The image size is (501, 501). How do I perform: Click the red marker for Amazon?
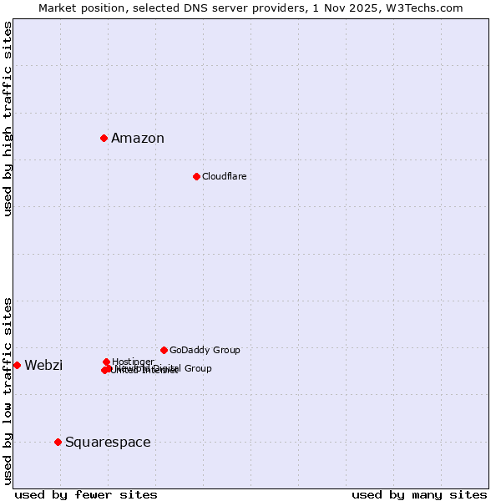coord(104,138)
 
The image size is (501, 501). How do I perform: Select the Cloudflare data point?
coord(196,176)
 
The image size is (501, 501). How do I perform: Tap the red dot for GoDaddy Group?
coord(164,350)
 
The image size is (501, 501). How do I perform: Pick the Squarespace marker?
coord(58,442)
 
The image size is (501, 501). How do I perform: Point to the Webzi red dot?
coord(17,365)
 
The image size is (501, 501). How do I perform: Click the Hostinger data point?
coord(106,362)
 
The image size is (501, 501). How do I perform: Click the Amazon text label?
coord(138,139)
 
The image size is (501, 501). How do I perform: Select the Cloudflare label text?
coord(224,176)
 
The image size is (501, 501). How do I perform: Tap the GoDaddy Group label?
coord(205,350)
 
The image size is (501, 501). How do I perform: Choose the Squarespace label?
coord(108,443)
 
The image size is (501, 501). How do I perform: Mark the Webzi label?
coord(43,366)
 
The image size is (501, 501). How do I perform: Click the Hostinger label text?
coord(133,362)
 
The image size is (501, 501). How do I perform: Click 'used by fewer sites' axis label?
coord(86,495)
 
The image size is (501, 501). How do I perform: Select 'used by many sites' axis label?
coord(419,495)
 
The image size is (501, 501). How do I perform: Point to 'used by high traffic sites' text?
coord(8,119)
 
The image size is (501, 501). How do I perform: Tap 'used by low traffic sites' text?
coord(8,390)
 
